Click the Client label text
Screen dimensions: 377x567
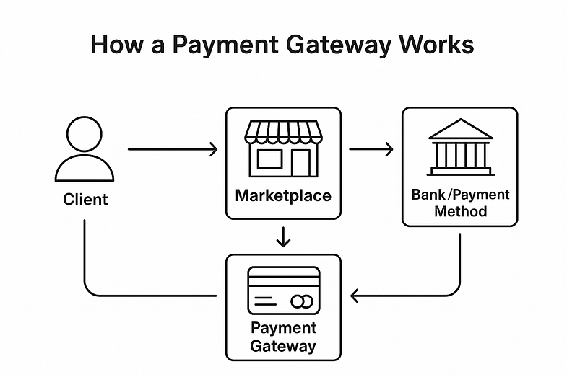click(x=85, y=198)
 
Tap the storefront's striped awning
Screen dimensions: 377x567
click(x=283, y=131)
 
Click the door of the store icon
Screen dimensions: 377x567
click(x=300, y=161)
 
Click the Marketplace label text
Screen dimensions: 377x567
click(x=283, y=195)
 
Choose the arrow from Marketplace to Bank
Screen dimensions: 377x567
click(x=371, y=150)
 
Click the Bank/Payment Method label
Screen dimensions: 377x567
click(x=460, y=203)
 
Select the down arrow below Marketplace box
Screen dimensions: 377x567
click(x=283, y=236)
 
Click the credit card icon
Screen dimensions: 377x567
click(x=283, y=290)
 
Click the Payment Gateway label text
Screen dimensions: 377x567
click(x=283, y=337)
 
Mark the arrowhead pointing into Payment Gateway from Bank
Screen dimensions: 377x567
click(x=354, y=296)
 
